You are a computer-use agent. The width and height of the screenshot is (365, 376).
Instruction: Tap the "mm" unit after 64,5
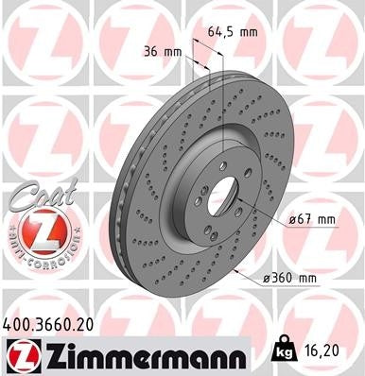coord(250,32)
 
